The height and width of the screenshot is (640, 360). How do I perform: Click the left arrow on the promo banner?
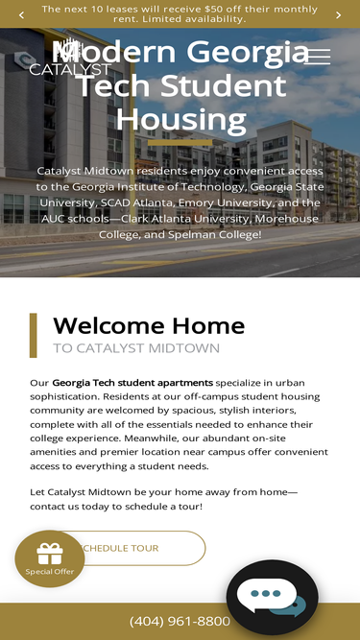pos(21,14)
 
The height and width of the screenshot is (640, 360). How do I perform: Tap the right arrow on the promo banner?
pos(338,14)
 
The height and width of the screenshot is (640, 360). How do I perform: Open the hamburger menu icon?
pos(318,57)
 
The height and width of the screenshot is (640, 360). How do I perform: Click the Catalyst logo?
pos(69,58)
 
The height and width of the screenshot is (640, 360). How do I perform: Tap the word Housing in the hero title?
pos(181,120)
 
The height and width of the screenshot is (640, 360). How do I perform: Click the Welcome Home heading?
pos(149,325)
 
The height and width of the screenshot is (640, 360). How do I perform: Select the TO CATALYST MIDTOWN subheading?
pos(135,348)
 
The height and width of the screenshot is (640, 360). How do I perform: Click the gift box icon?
pos(49,554)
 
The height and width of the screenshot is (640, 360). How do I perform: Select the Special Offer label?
pos(50,571)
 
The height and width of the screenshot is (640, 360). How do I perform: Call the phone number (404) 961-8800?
pos(180,621)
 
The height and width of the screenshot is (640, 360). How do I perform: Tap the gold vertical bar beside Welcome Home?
pos(34,335)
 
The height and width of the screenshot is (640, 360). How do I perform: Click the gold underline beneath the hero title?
pos(180,142)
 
